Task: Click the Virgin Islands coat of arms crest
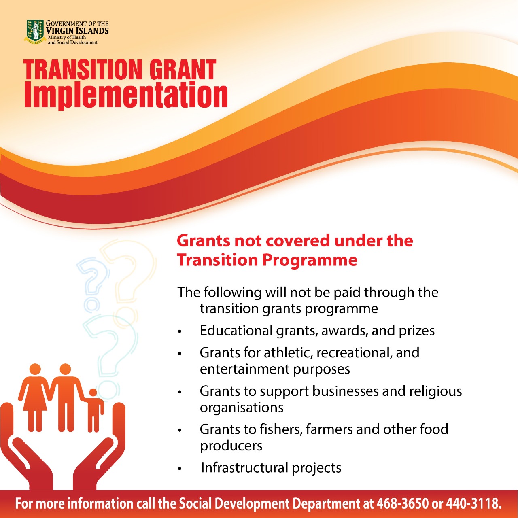[35, 32]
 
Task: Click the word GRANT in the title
[183, 70]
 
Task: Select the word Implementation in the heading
[126, 96]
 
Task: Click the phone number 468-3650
[402, 503]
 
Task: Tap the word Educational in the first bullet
[236, 330]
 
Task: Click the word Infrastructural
[244, 467]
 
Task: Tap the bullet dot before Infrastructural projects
[180, 469]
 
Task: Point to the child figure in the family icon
[94, 410]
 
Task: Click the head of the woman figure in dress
[35, 369]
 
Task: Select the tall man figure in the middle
[66, 398]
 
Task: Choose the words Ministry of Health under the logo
[67, 37]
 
